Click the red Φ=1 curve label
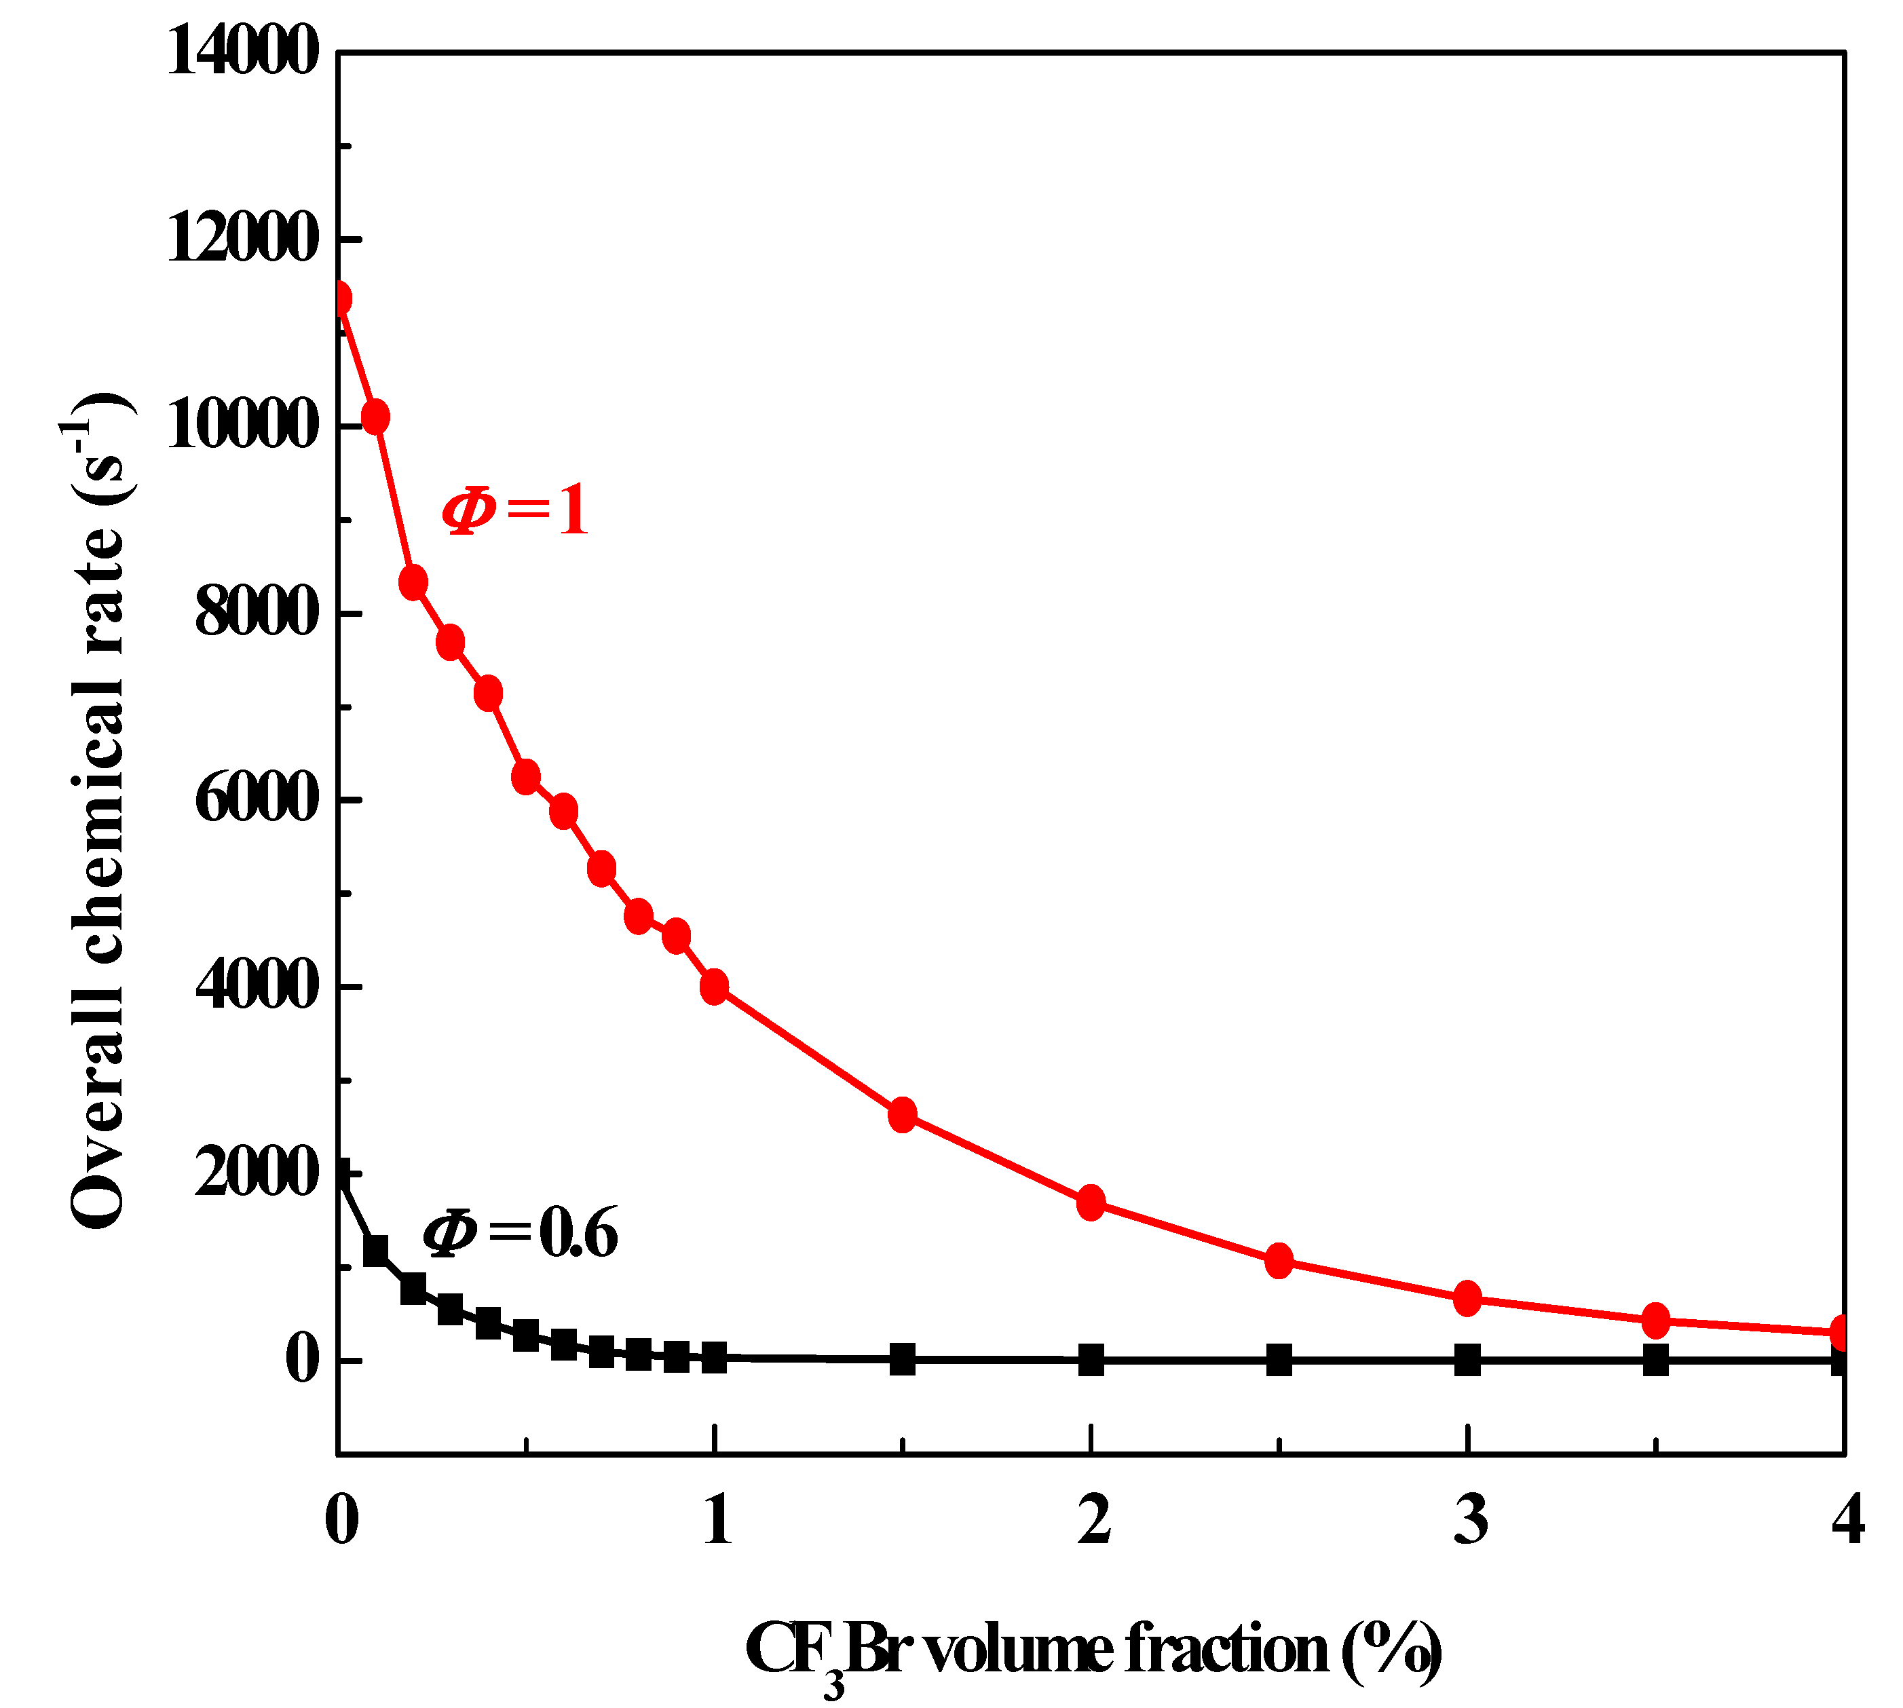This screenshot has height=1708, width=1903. (515, 510)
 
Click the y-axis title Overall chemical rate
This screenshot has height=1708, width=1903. (98, 808)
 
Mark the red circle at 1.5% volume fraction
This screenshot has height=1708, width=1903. (903, 1114)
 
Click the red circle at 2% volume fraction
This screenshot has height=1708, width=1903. (1091, 1202)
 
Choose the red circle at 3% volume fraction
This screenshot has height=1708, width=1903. (1467, 1299)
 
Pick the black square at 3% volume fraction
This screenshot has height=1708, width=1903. (1467, 1359)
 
